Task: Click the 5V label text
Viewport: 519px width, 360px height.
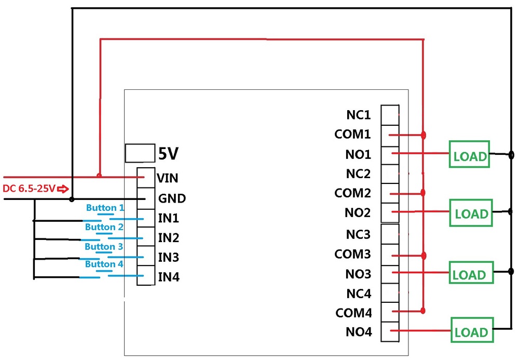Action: click(168, 154)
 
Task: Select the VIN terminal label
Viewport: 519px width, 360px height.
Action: click(168, 178)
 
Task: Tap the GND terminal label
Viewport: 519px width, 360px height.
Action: click(172, 198)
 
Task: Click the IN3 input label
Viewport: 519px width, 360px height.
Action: click(169, 257)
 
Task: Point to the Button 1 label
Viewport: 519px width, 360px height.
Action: click(105, 208)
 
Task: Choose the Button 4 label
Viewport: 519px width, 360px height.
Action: click(104, 264)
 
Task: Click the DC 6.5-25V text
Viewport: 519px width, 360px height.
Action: click(29, 188)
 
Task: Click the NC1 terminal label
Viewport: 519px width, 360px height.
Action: click(359, 115)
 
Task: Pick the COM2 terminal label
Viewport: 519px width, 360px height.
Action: click(353, 193)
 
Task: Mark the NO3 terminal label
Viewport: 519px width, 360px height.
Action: click(359, 274)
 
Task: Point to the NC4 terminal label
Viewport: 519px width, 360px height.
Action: click(359, 294)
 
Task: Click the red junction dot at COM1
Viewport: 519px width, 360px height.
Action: click(424, 136)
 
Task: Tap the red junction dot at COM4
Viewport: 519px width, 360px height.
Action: click(424, 311)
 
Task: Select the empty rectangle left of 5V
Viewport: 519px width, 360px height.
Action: click(139, 154)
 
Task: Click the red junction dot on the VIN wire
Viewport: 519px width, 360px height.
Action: click(99, 176)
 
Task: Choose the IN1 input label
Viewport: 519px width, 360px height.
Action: click(169, 218)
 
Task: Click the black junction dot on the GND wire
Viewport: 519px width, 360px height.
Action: click(72, 198)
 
